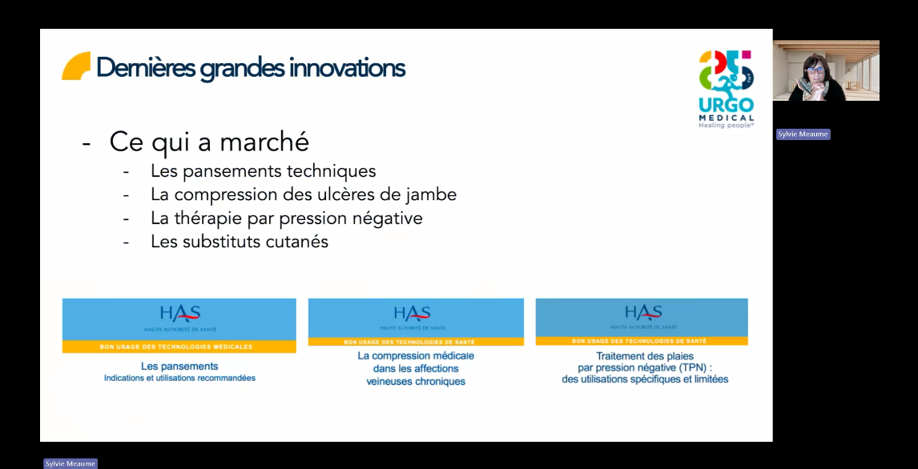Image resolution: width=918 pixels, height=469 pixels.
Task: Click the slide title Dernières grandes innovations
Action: pyautogui.click(x=250, y=68)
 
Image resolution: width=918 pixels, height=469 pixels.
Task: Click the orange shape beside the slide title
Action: pyautogui.click(x=76, y=66)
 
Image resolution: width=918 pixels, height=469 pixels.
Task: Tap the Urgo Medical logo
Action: pyautogui.click(x=726, y=88)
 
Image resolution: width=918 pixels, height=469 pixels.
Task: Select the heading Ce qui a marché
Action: pyautogui.click(x=209, y=142)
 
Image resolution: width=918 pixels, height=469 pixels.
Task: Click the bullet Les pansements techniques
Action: pyautogui.click(x=263, y=170)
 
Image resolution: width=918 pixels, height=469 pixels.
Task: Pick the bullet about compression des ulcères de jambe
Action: pyautogui.click(x=304, y=194)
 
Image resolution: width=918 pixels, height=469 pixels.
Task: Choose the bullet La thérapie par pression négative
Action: pyautogui.click(x=286, y=218)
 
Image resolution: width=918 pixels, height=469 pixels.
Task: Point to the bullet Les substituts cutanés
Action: pyautogui.click(x=240, y=242)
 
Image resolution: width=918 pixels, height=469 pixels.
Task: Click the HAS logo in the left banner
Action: pyautogui.click(x=179, y=315)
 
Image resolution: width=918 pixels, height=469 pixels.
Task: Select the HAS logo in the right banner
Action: pyautogui.click(x=643, y=313)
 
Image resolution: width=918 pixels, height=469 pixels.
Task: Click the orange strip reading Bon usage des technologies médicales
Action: pyautogui.click(x=176, y=347)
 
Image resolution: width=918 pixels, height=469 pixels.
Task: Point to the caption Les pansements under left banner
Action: pyautogui.click(x=179, y=367)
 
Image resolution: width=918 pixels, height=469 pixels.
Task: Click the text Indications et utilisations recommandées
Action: pyautogui.click(x=179, y=378)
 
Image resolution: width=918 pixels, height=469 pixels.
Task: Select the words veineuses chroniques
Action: pyautogui.click(x=416, y=382)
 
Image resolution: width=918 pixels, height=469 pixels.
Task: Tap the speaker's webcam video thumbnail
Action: pyautogui.click(x=826, y=70)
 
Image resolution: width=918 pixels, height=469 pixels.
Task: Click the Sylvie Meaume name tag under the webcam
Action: pyautogui.click(x=803, y=134)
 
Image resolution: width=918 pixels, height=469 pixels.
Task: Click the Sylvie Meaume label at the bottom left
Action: pyautogui.click(x=70, y=463)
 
